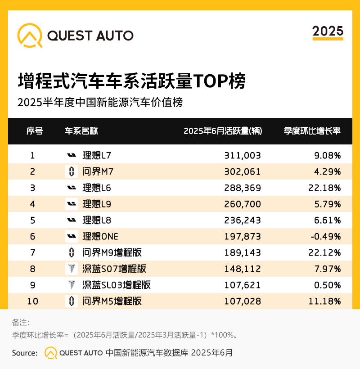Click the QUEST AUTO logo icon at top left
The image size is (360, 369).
(x=30, y=35)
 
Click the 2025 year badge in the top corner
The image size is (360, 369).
(x=328, y=31)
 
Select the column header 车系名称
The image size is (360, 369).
(x=81, y=131)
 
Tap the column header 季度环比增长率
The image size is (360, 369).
(x=312, y=131)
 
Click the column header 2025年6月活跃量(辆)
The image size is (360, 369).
(x=223, y=131)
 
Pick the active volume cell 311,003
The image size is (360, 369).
(x=243, y=156)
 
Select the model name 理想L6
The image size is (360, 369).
(x=96, y=188)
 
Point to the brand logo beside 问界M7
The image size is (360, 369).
(x=71, y=171)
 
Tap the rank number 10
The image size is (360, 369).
(x=32, y=301)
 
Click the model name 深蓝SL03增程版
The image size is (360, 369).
(x=116, y=285)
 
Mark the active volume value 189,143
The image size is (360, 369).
(x=243, y=252)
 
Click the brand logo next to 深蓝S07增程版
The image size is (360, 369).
(x=71, y=269)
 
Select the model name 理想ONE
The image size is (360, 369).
(x=100, y=236)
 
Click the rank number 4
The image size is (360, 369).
(x=32, y=204)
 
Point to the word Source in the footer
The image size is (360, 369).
(x=24, y=353)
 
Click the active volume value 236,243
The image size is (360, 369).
(x=243, y=220)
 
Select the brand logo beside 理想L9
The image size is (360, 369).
(x=71, y=204)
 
